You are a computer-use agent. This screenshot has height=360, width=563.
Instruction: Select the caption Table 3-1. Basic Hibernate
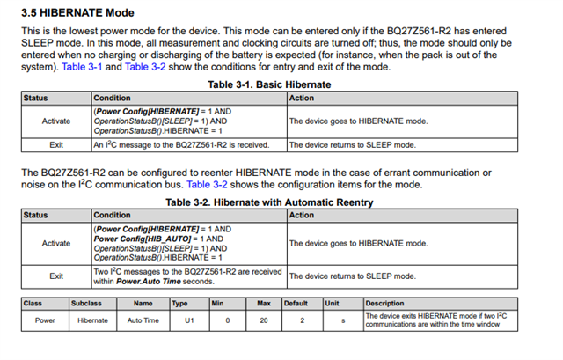[269, 84]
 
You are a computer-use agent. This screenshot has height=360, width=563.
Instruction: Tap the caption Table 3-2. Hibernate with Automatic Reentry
[269, 202]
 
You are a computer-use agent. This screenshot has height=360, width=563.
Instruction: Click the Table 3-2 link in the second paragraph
[209, 185]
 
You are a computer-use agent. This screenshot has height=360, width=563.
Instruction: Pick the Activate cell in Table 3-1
[56, 121]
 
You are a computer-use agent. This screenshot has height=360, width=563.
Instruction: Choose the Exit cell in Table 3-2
[56, 276]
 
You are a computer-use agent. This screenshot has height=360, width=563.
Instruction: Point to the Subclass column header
[88, 303]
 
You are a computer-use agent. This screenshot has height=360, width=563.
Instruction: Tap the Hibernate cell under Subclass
[91, 320]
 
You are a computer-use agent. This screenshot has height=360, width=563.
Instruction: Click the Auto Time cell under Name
[143, 320]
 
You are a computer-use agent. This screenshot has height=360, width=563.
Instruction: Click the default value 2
[301, 320]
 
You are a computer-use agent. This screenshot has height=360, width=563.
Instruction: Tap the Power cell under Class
[45, 320]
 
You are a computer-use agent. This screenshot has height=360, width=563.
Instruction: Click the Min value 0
[227, 320]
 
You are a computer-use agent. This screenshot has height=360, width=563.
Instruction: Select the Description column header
[384, 303]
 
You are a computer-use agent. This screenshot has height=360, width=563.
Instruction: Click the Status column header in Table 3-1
[36, 98]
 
